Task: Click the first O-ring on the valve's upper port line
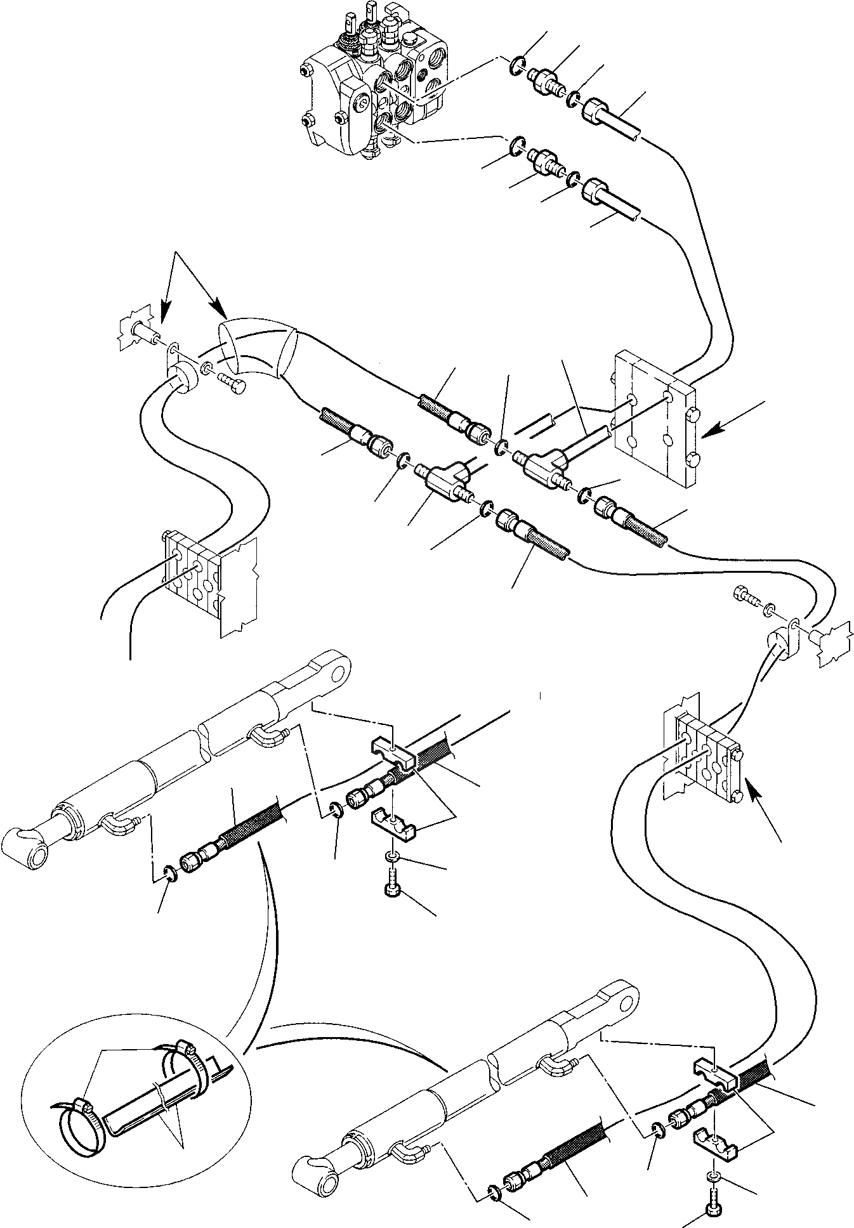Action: [x=518, y=64]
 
